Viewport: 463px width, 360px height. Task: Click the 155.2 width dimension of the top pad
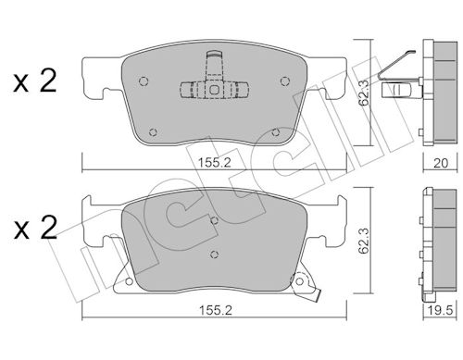(x=214, y=162)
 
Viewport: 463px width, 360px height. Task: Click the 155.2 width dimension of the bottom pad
(x=215, y=310)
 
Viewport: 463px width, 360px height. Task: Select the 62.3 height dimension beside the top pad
(x=365, y=93)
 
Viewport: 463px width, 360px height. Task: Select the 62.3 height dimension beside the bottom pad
(x=365, y=241)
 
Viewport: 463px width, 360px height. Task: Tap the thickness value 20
(x=441, y=163)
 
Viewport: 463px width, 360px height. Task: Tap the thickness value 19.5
(x=442, y=310)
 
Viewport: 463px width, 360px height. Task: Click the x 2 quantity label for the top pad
(x=35, y=81)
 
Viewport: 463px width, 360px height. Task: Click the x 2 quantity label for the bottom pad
(x=35, y=229)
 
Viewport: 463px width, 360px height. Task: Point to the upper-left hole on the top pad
(x=144, y=81)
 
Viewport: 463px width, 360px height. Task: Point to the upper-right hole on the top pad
(x=284, y=81)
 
